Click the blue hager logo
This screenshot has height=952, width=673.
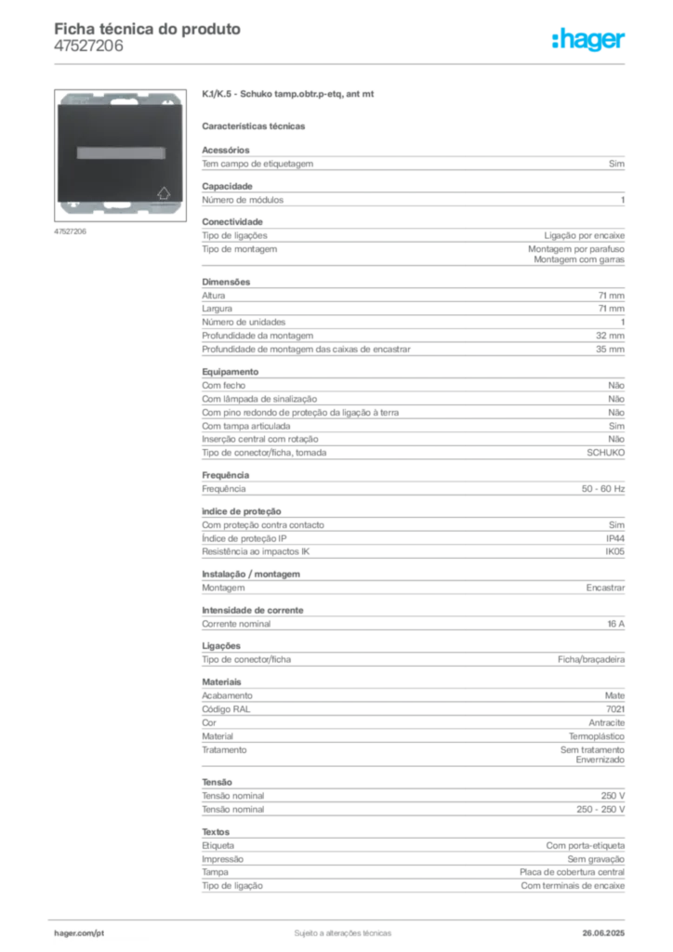coord(589,41)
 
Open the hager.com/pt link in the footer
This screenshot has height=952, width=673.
coord(80,932)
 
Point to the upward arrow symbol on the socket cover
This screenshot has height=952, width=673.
coord(165,194)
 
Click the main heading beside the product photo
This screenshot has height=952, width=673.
coord(289,96)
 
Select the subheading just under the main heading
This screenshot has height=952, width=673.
coord(256,126)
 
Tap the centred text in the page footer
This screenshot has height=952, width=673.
coord(338,932)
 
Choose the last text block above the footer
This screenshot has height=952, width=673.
coord(412,864)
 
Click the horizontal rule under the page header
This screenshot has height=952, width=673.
coord(342,63)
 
